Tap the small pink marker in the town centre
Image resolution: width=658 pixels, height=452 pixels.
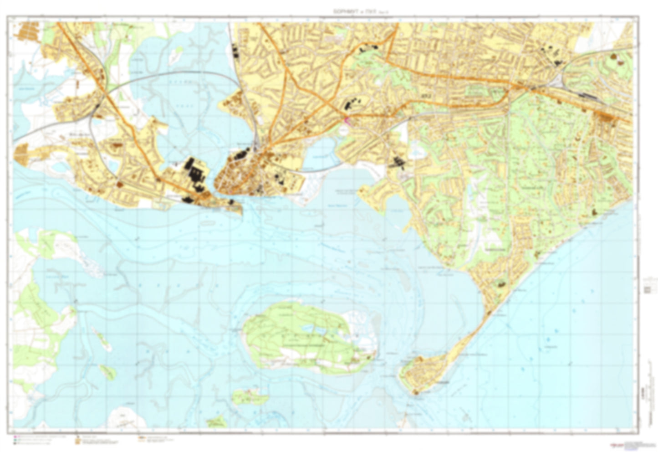(346, 120)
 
